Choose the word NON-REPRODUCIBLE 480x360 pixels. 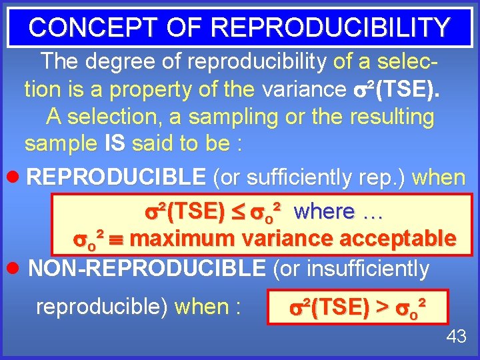(x=147, y=268)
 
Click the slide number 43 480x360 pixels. (x=456, y=337)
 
